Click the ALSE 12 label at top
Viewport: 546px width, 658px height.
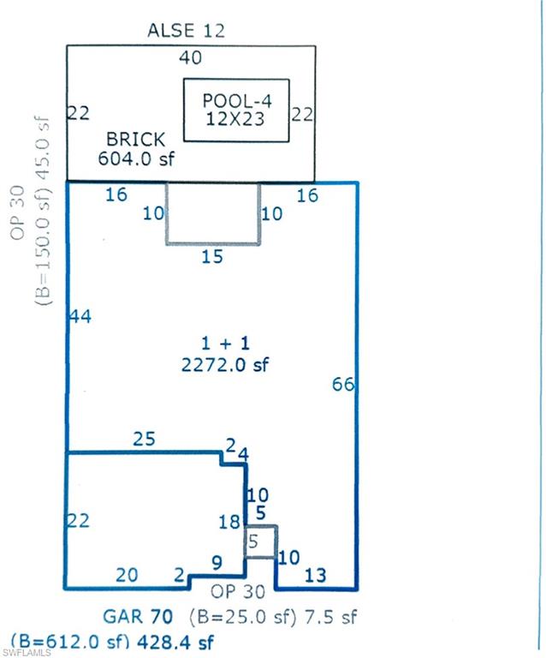pyautogui.click(x=186, y=31)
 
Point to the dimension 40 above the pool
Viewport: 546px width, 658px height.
pyautogui.click(x=191, y=57)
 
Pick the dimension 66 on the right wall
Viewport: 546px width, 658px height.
pyautogui.click(x=343, y=384)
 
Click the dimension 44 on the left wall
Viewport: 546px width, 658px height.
pyautogui.click(x=80, y=316)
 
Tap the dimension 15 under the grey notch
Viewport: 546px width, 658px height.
pyautogui.click(x=212, y=256)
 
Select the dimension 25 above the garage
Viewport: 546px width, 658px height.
pyautogui.click(x=145, y=440)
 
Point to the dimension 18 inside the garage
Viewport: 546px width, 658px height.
pyautogui.click(x=229, y=523)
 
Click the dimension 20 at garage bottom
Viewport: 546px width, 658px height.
pyautogui.click(x=126, y=575)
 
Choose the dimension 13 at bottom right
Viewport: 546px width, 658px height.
pyautogui.click(x=316, y=575)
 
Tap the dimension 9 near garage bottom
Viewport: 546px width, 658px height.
pyautogui.click(x=217, y=563)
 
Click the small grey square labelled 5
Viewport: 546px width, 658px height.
pyautogui.click(x=260, y=541)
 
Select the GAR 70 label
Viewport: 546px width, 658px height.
pyautogui.click(x=138, y=616)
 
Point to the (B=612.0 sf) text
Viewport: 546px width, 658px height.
pyautogui.click(x=63, y=642)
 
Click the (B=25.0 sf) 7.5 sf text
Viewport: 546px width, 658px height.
pyautogui.click(x=273, y=616)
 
